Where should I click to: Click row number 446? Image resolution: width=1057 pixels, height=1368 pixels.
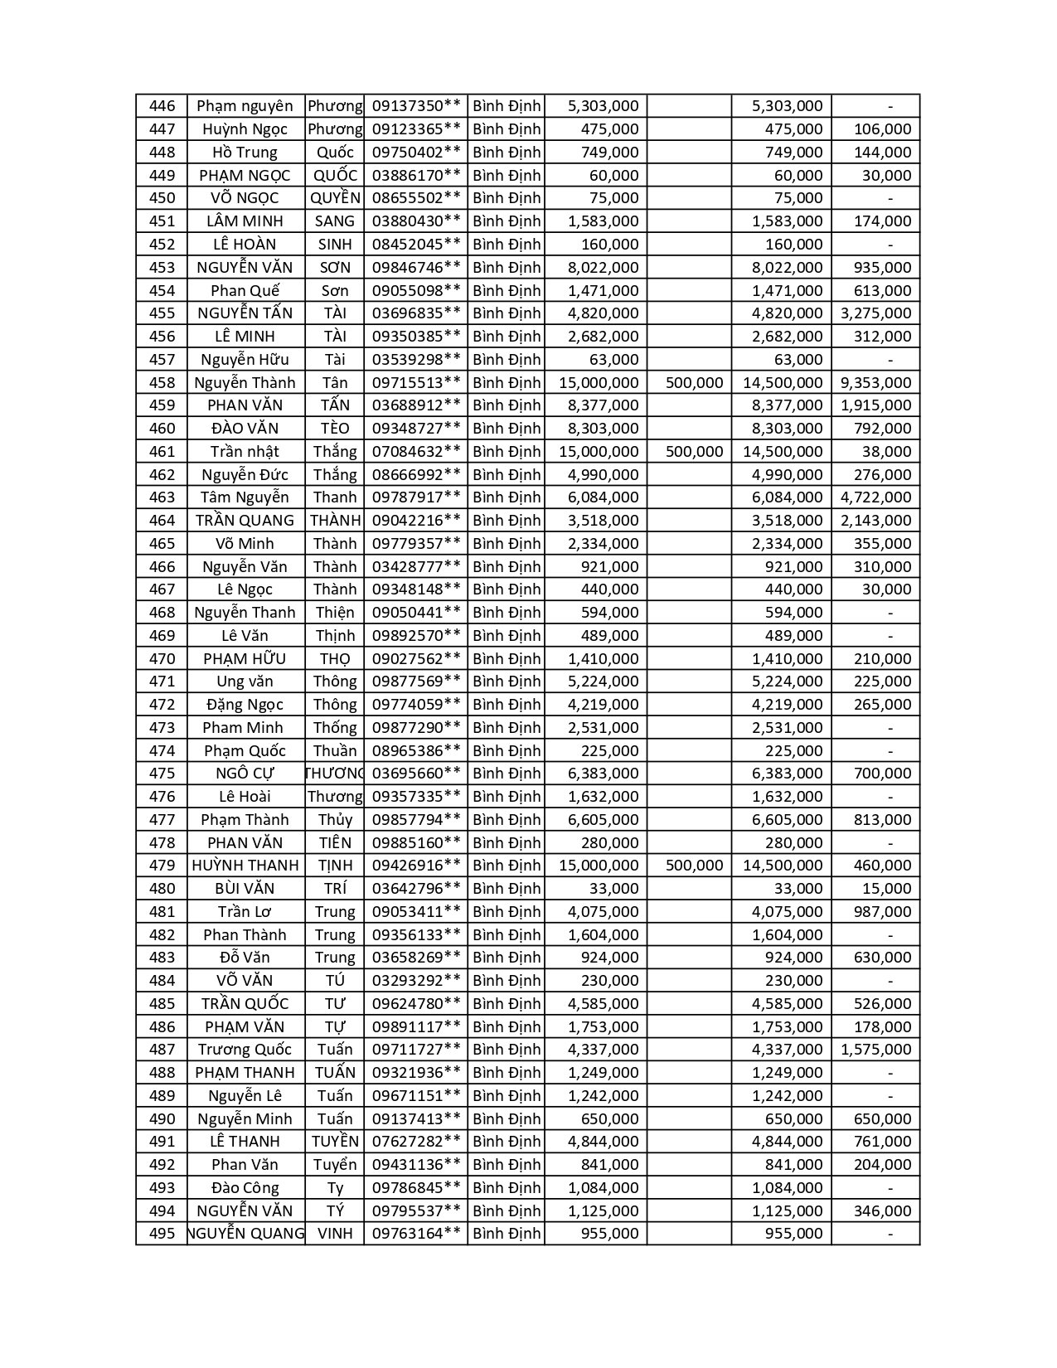click(x=162, y=106)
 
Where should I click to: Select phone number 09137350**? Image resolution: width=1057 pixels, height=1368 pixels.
click(x=416, y=106)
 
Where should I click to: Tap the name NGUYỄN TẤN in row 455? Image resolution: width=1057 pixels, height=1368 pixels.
click(x=245, y=313)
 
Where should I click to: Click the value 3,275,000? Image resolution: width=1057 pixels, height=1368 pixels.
click(x=875, y=313)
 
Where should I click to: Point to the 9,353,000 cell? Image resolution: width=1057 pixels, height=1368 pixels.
click(x=875, y=382)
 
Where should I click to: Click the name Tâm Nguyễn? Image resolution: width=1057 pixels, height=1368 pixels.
click(x=245, y=497)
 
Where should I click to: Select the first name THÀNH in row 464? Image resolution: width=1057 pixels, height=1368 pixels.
click(x=335, y=521)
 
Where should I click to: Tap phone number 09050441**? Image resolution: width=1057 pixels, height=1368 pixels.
click(x=416, y=613)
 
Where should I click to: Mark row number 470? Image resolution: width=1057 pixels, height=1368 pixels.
click(x=162, y=659)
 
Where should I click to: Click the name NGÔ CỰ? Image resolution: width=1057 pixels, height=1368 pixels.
click(x=245, y=774)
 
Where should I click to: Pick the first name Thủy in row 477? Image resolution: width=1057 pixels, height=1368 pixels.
click(x=335, y=820)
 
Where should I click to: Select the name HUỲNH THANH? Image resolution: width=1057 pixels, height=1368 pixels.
click(x=245, y=866)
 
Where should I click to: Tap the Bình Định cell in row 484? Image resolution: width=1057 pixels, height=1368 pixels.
click(x=507, y=981)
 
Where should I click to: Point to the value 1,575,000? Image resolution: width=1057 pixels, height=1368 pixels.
click(x=875, y=1050)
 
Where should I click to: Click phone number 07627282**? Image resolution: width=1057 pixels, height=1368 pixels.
click(x=416, y=1142)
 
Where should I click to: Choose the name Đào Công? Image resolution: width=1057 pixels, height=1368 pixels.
click(x=245, y=1188)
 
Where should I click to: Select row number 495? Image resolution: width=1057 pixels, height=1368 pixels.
click(x=162, y=1234)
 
